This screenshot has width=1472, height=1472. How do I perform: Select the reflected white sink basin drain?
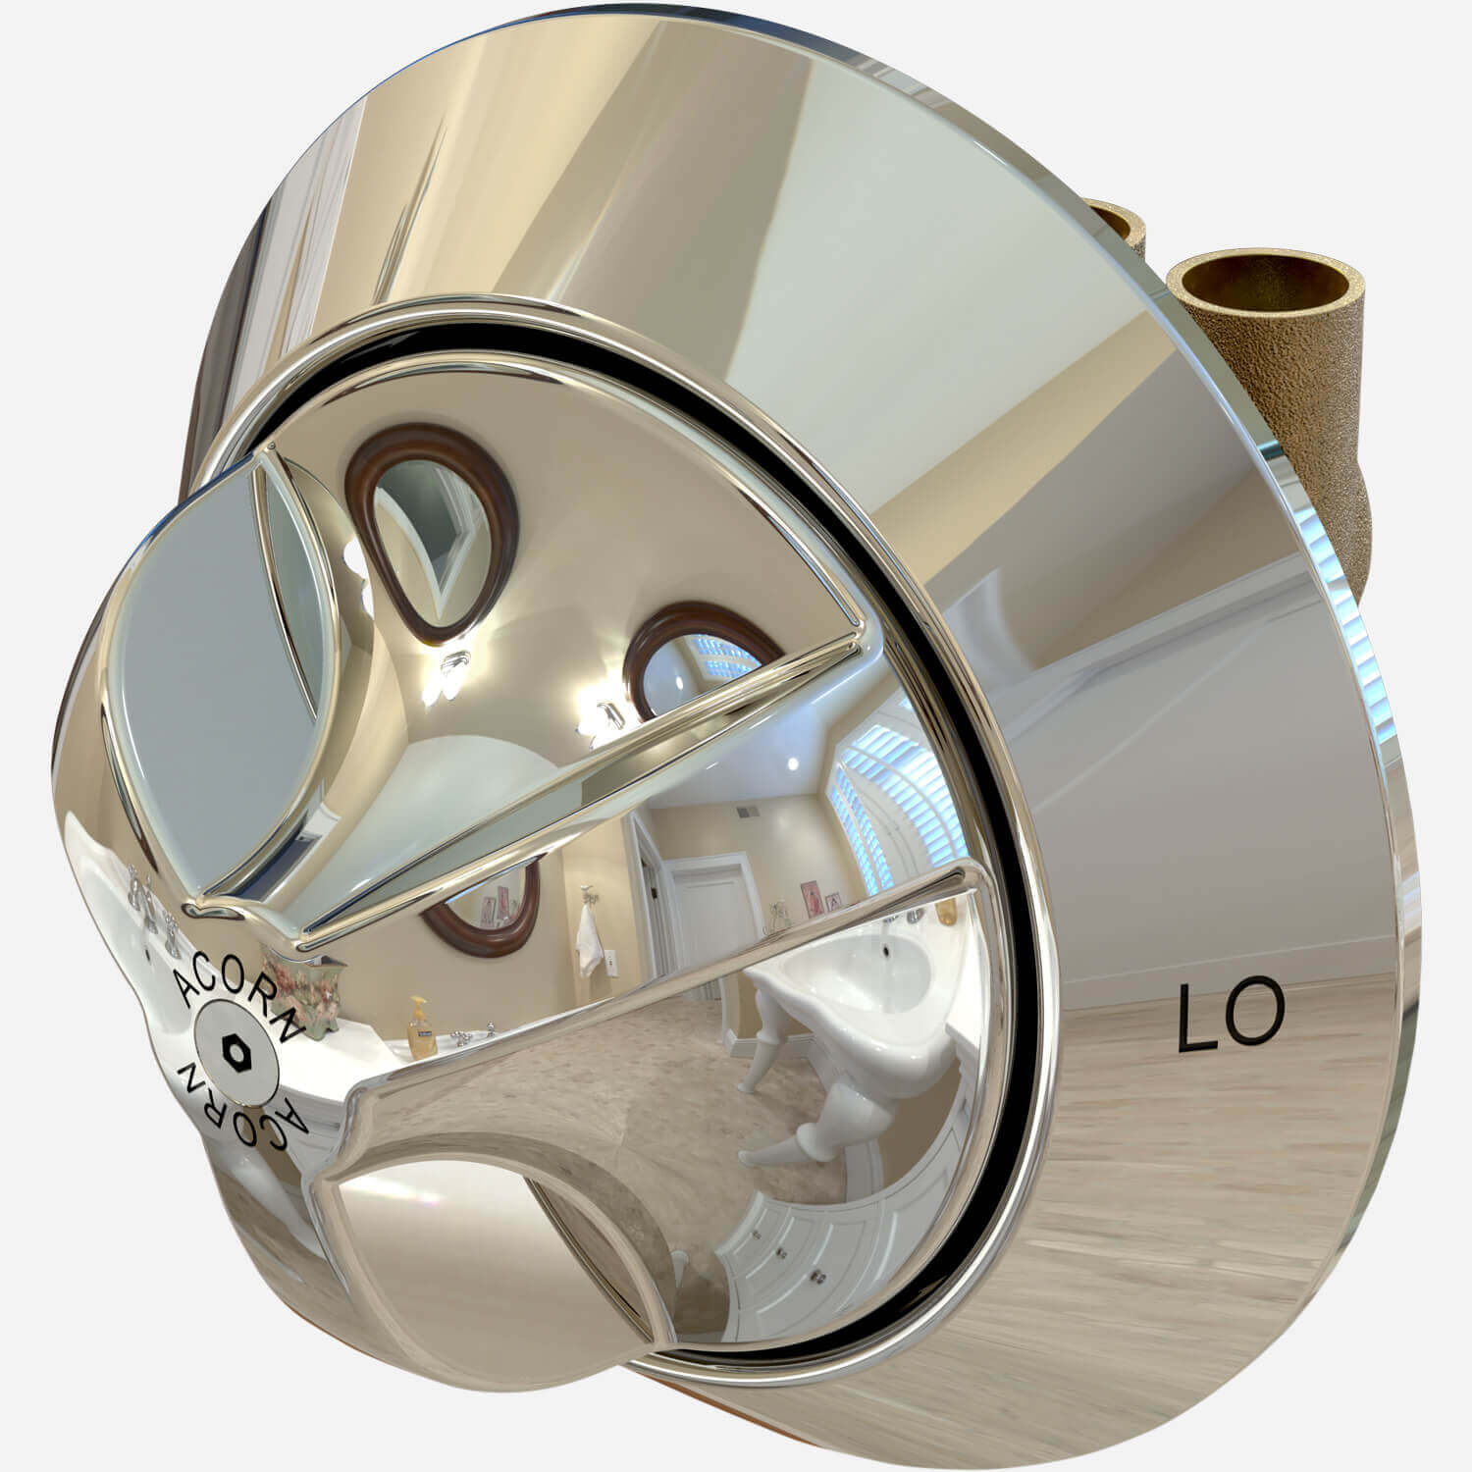(x=886, y=949)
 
